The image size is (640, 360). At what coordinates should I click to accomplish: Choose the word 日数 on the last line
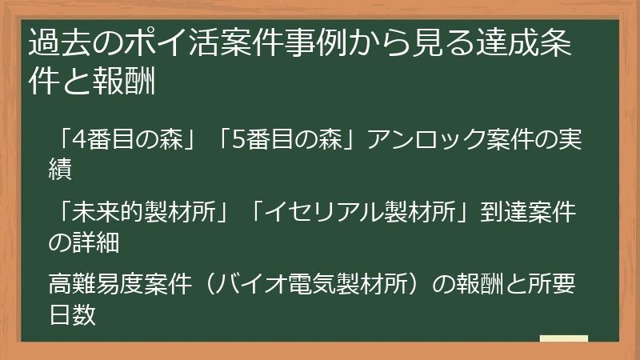(x=72, y=314)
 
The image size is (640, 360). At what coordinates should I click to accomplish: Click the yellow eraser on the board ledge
(x=563, y=338)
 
